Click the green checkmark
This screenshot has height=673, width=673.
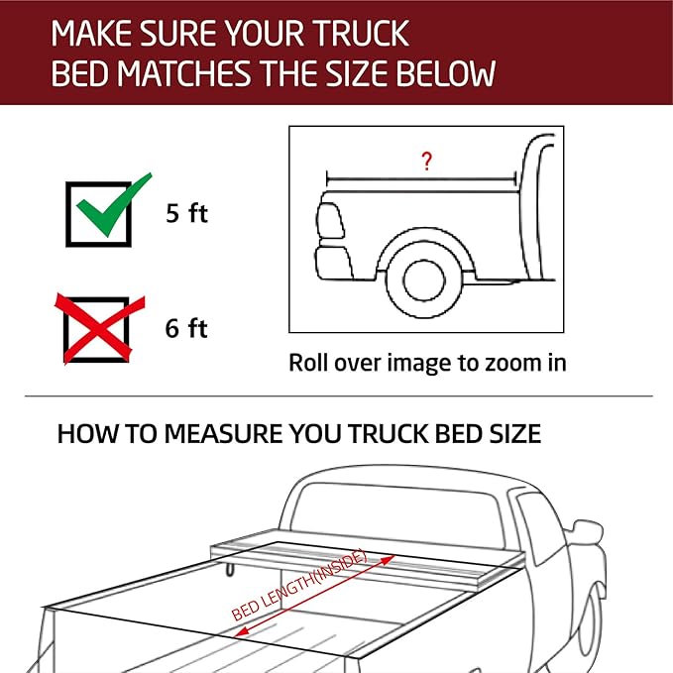point(106,206)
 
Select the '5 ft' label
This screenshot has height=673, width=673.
point(186,213)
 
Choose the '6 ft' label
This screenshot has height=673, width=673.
point(186,328)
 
